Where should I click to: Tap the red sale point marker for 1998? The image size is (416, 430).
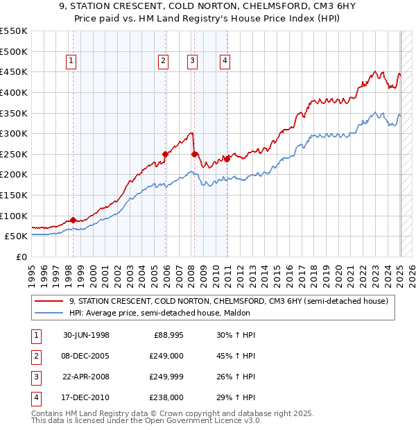pos(73,220)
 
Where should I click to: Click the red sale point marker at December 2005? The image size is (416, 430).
pos(165,154)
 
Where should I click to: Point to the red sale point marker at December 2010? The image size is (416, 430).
pos(227,159)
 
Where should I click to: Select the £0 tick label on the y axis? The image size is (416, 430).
pos(21,257)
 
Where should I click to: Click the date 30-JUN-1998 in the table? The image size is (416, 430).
pos(86,336)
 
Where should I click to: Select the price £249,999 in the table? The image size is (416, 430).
pos(166,377)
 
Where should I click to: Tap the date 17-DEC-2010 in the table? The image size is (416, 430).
pos(86,398)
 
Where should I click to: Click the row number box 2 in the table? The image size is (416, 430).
pos(35,356)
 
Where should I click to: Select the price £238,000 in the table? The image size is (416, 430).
pos(166,398)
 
